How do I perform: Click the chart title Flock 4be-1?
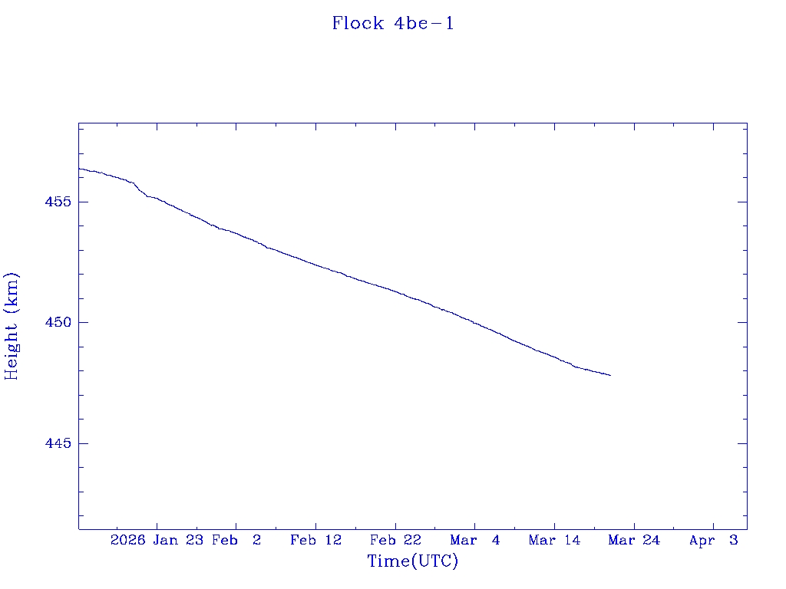point(393,24)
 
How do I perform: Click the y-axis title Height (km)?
point(12,326)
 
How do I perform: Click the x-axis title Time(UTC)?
point(413,561)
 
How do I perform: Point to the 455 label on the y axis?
point(58,202)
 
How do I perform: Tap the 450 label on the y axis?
point(58,323)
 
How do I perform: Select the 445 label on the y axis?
point(58,444)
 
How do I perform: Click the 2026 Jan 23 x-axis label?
point(157,541)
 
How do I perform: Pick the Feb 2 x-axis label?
point(236,541)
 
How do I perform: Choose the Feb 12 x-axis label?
point(315,541)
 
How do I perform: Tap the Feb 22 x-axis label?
point(395,541)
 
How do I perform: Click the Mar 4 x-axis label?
point(475,541)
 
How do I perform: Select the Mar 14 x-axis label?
point(554,541)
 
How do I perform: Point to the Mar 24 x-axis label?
point(634,541)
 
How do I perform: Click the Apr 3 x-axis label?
point(714,541)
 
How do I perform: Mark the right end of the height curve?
point(610,375)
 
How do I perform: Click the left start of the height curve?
point(79,169)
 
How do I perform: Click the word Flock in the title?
point(358,24)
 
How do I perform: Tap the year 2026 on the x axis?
point(128,541)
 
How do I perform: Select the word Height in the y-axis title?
point(12,350)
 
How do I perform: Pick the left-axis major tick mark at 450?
point(82,323)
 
